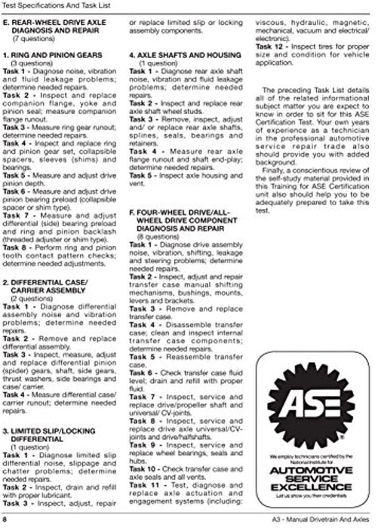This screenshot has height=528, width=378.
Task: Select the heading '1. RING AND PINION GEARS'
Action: point(55,75)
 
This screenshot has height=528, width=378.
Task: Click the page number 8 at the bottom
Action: point(5,520)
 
